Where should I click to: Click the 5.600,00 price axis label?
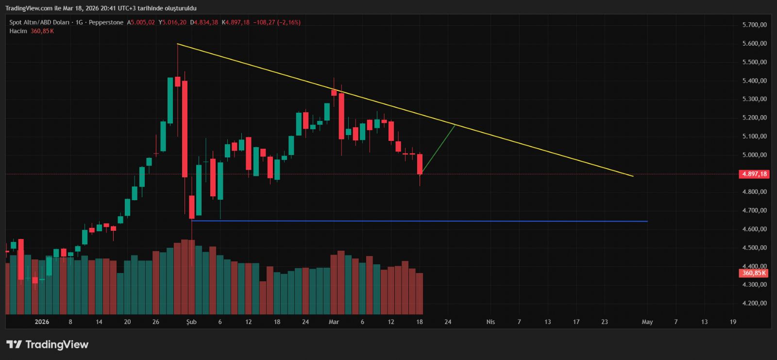[754, 44]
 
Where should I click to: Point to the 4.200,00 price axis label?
[754, 303]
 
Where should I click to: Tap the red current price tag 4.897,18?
[754, 174]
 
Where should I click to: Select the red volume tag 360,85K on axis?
[754, 273]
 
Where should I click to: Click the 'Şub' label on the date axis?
[191, 322]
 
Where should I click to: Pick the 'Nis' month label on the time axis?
[490, 322]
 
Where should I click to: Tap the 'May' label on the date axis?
[647, 322]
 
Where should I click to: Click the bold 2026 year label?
[42, 322]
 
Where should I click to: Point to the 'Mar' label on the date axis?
[334, 322]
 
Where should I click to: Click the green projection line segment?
[439, 149]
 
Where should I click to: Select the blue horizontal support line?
[418, 221]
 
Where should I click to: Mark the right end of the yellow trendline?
[633, 176]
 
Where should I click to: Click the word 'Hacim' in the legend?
[18, 31]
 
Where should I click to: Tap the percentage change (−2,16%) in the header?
[288, 22]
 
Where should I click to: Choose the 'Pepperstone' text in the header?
[106, 22]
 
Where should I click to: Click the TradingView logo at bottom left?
[47, 344]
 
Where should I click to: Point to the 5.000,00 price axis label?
[754, 155]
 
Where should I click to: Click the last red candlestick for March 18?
[420, 164]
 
